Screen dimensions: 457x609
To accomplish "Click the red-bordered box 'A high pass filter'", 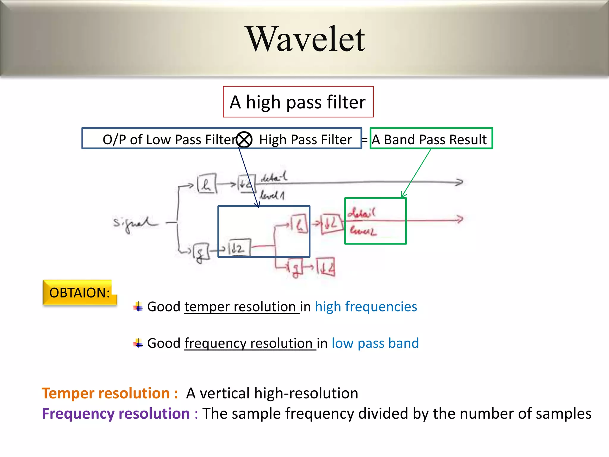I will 298,102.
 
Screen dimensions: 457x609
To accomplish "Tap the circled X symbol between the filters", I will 244,139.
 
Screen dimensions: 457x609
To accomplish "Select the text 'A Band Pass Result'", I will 429,139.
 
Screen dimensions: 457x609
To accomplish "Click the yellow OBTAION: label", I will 79,292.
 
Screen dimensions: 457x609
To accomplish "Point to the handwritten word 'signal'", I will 134,223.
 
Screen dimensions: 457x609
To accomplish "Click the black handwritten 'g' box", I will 200,252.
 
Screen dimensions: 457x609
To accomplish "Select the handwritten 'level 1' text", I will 272,195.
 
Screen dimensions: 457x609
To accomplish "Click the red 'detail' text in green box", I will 361,213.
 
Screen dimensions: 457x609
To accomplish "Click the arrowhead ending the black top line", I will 459,182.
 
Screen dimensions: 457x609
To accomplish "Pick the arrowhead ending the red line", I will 460,219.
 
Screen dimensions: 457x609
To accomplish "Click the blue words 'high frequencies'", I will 366,306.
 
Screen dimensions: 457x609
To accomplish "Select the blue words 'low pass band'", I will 375,343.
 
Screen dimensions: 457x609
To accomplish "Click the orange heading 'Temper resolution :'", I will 110,393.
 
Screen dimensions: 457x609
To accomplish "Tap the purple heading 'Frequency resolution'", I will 116,413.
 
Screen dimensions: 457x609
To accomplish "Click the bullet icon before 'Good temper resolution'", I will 138,306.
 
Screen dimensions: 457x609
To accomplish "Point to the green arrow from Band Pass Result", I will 416,173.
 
